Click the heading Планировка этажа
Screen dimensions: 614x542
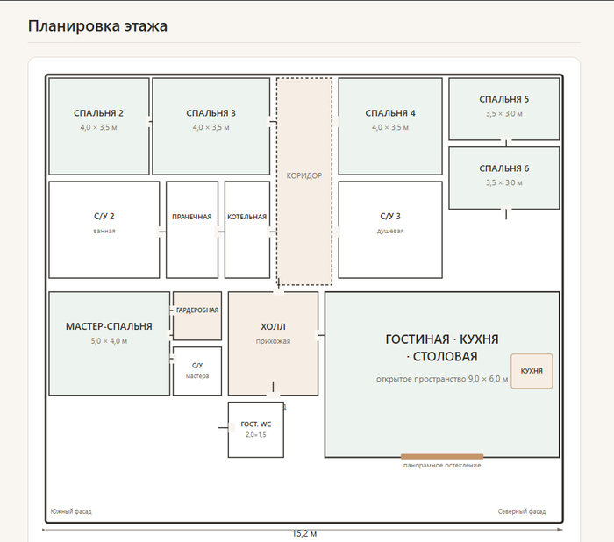point(97,25)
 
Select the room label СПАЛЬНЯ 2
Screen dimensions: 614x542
point(98,113)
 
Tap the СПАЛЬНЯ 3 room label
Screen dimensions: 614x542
point(211,113)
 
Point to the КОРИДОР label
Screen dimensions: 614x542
point(304,175)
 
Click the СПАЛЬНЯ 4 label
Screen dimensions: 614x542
point(390,113)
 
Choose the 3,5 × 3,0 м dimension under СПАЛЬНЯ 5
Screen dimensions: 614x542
point(504,114)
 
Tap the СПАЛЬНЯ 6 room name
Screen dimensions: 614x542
point(504,168)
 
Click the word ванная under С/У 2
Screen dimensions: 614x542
point(104,231)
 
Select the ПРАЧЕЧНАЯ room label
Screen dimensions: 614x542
point(192,217)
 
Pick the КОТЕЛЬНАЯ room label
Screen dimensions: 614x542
point(247,217)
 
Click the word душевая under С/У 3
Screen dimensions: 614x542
point(390,231)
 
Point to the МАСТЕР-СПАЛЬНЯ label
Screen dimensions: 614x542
point(109,326)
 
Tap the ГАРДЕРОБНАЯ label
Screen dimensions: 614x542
point(197,310)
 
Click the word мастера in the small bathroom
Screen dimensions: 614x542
point(197,376)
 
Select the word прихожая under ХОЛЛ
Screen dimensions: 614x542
point(274,341)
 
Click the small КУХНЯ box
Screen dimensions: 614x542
point(532,371)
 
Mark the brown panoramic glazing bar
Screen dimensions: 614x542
point(442,457)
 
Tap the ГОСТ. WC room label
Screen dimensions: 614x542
point(256,424)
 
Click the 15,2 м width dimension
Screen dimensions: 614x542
point(304,534)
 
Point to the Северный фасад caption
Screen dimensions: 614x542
point(522,511)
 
